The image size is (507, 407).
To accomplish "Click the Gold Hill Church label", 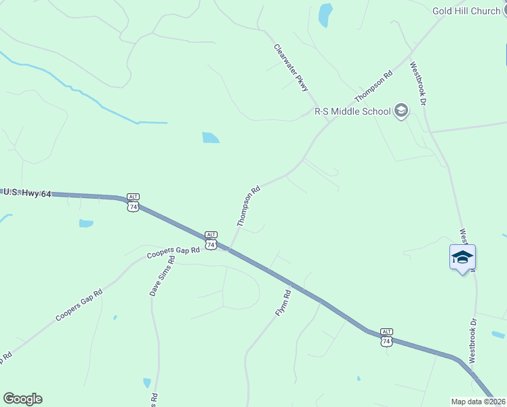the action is tap(466, 11).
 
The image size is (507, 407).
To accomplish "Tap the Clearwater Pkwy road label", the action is tap(291, 68).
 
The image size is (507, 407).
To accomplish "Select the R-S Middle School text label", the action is tap(352, 111).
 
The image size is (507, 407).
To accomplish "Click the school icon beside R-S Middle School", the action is tap(401, 111).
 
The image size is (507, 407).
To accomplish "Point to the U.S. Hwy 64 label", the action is tap(27, 193).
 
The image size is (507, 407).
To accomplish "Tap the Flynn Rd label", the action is tap(283, 304).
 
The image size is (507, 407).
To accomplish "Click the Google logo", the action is tap(22, 399).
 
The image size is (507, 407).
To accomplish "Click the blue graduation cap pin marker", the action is tap(462, 258).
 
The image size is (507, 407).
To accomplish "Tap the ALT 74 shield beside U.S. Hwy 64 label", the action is tap(133, 203).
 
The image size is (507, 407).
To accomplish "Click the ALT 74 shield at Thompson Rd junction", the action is tap(211, 240).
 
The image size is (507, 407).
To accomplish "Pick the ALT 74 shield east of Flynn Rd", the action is tap(386, 338).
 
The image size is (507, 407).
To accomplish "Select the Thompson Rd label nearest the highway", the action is tap(249, 206).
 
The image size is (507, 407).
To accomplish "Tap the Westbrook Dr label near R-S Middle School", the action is tap(417, 83).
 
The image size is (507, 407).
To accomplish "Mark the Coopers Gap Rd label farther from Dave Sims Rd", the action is tap(79, 305).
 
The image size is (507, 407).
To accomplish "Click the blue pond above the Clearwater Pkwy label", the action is tap(326, 14).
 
